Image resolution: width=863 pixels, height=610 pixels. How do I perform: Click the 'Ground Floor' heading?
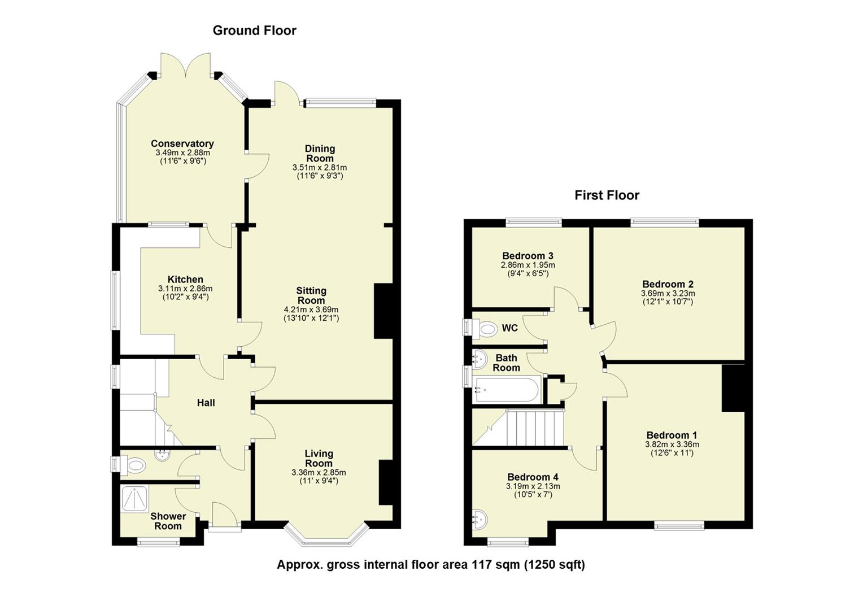click(x=254, y=30)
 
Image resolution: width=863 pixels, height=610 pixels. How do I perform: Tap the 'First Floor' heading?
click(x=607, y=195)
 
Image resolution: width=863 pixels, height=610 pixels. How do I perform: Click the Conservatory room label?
click(x=182, y=143)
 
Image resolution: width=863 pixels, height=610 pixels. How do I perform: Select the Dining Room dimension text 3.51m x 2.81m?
click(x=319, y=168)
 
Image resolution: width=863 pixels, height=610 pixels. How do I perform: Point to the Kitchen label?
click(x=185, y=280)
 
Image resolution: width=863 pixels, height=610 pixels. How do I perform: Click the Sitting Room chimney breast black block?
click(x=383, y=311)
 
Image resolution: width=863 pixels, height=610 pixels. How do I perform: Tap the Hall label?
click(x=206, y=403)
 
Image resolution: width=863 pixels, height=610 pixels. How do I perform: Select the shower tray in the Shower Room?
click(x=134, y=499)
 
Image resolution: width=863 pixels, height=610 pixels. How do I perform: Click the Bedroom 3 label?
click(x=528, y=256)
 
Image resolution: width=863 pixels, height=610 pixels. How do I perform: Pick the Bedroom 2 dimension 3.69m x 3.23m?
click(x=668, y=294)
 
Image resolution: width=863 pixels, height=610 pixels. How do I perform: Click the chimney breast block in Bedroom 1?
click(x=733, y=388)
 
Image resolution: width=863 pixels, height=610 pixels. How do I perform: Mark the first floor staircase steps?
click(x=535, y=428)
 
